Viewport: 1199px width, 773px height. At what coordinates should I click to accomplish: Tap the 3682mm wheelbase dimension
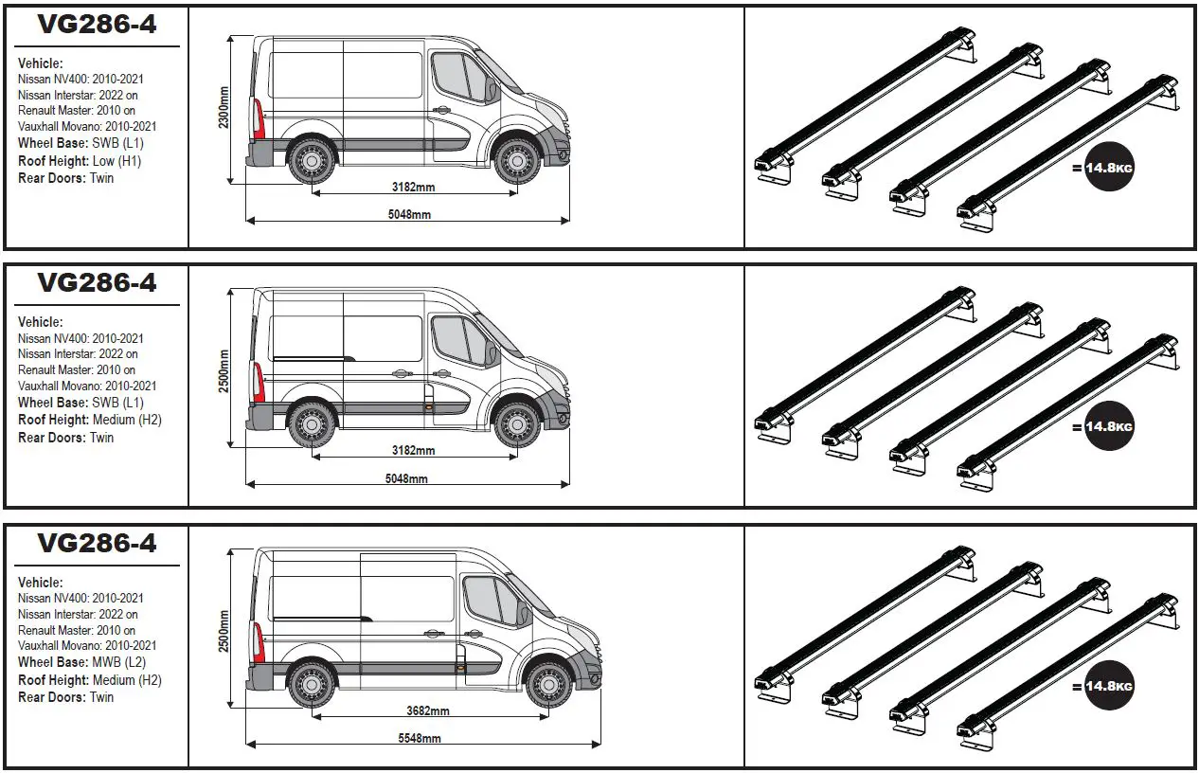click(x=427, y=711)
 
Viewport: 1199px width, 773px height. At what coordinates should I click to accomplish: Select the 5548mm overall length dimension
click(x=419, y=738)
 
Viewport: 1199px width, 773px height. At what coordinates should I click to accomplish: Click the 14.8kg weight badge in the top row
click(x=1109, y=168)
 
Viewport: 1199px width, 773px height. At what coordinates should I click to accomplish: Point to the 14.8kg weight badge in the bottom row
click(x=1109, y=687)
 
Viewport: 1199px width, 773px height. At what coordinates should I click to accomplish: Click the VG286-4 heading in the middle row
click(x=97, y=282)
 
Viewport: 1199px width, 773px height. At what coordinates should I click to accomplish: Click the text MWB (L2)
click(x=119, y=662)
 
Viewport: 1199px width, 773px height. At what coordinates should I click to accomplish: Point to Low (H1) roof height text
click(x=117, y=160)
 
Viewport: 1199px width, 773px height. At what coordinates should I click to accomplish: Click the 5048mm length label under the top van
click(x=409, y=215)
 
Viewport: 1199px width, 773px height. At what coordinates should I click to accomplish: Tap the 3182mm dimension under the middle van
click(x=413, y=450)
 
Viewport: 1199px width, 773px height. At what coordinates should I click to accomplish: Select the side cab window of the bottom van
click(x=493, y=601)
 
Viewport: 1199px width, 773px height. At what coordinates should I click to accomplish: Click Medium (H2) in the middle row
click(x=127, y=420)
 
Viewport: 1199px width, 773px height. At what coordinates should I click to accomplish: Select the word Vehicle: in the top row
click(x=40, y=63)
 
